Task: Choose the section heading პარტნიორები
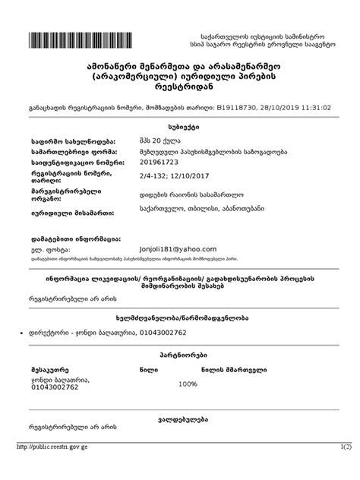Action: coord(179,355)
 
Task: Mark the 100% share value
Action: coord(187,384)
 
